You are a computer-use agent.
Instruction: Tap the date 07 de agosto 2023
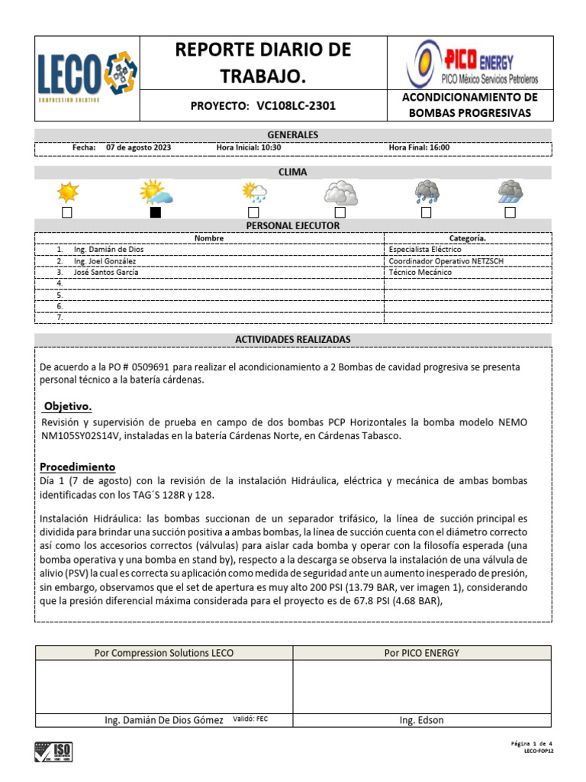point(139,148)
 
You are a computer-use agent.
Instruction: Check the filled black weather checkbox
point(156,212)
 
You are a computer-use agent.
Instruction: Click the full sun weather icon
point(67,191)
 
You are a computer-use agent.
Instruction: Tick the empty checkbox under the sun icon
point(67,212)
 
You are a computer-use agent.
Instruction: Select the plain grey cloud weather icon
point(340,192)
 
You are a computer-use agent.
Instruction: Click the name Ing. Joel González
point(106,261)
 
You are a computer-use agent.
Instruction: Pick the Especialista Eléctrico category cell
point(425,250)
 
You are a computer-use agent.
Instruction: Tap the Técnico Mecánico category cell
point(420,273)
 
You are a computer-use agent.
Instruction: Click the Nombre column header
point(209,238)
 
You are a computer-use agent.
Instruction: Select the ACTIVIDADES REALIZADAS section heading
point(292,339)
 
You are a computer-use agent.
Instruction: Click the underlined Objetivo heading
point(68,406)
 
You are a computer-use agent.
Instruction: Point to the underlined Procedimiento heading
point(77,467)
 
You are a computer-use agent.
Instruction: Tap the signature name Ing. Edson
point(421,720)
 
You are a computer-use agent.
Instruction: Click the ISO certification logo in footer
point(54,752)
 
